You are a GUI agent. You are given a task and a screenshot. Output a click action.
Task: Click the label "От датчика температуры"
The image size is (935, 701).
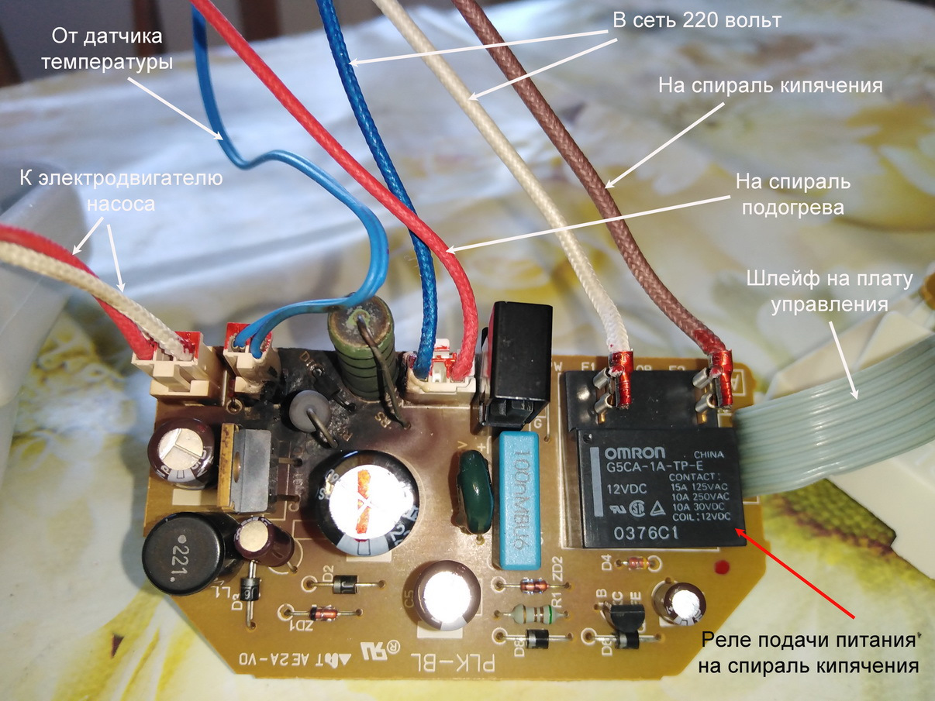[112, 49]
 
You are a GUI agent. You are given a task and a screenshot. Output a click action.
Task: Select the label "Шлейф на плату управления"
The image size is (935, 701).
[829, 292]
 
